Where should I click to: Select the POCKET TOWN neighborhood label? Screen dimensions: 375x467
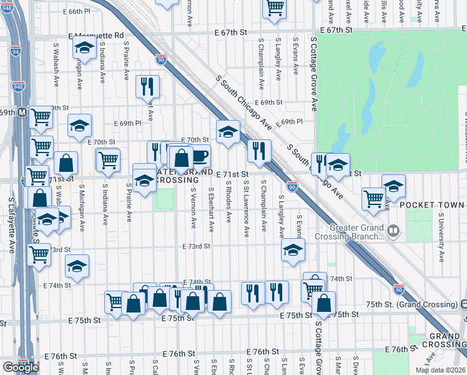pyautogui.click(x=432, y=205)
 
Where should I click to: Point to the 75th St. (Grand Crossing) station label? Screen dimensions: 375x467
pyautogui.click(x=412, y=304)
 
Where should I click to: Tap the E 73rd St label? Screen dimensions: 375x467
pyautogui.click(x=196, y=246)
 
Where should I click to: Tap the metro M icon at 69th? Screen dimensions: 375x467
pyautogui.click(x=22, y=112)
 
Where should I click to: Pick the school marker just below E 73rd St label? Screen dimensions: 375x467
pyautogui.click(x=293, y=251)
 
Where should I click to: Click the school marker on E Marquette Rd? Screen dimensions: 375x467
pyautogui.click(x=84, y=47)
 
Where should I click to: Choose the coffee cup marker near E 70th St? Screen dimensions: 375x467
pyautogui.click(x=199, y=156)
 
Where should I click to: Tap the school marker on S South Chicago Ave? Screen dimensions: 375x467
pyautogui.click(x=228, y=131)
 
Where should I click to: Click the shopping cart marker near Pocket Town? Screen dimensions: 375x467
pyautogui.click(x=373, y=198)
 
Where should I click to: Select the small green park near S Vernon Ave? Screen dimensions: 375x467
pyautogui.click(x=164, y=200)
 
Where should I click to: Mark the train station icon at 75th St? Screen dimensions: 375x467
pyautogui.click(x=463, y=304)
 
